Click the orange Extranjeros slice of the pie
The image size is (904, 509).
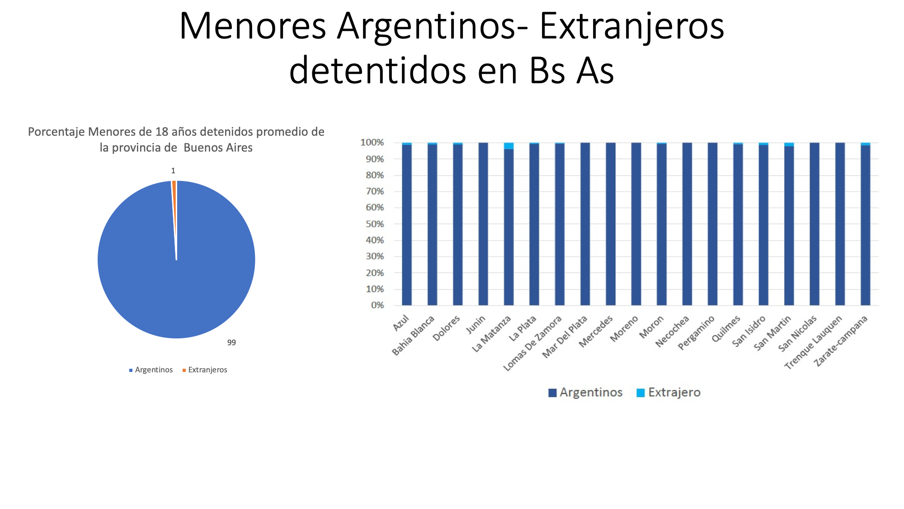tap(174, 204)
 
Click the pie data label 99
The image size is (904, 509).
tap(231, 343)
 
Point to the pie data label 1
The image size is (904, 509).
tap(173, 171)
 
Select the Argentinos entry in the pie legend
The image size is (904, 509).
tap(151, 370)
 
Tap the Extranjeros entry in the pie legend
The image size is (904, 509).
tap(205, 370)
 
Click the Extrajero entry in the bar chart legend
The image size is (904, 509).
tap(669, 392)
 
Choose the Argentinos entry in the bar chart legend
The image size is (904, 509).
tap(585, 392)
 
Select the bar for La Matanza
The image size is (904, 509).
tap(509, 224)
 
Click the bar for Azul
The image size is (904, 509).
tap(407, 224)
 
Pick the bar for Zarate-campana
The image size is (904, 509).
tap(866, 224)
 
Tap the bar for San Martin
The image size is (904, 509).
tap(789, 224)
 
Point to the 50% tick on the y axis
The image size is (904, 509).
tap(375, 224)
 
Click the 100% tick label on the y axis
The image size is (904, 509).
tap(372, 143)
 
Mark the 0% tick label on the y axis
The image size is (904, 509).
tap(377, 305)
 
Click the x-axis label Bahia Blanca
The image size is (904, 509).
tap(413, 335)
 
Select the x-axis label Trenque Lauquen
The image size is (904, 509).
tap(814, 342)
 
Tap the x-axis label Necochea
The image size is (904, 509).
tap(672, 331)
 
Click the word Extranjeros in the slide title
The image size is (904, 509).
tap(632, 26)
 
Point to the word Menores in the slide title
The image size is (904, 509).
tap(253, 26)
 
